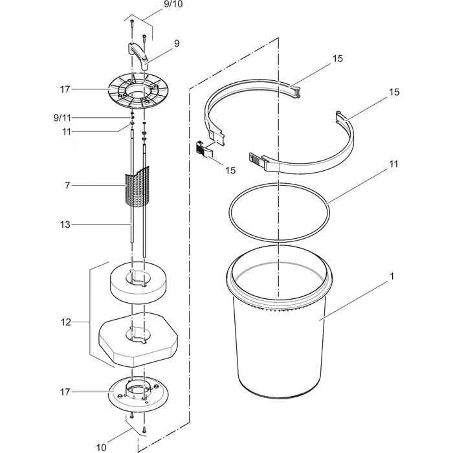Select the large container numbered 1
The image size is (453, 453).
[278, 337]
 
